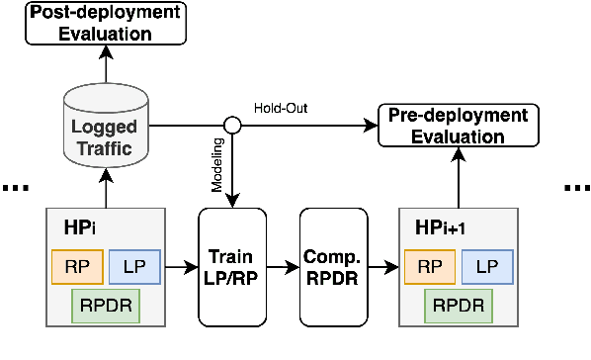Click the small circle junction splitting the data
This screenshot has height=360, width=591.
(233, 126)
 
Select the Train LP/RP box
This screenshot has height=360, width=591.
(233, 267)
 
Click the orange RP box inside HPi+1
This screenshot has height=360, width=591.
(429, 265)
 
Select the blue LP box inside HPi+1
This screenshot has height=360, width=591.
(485, 265)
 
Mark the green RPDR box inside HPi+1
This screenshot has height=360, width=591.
(456, 305)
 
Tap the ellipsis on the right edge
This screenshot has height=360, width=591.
(576, 188)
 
